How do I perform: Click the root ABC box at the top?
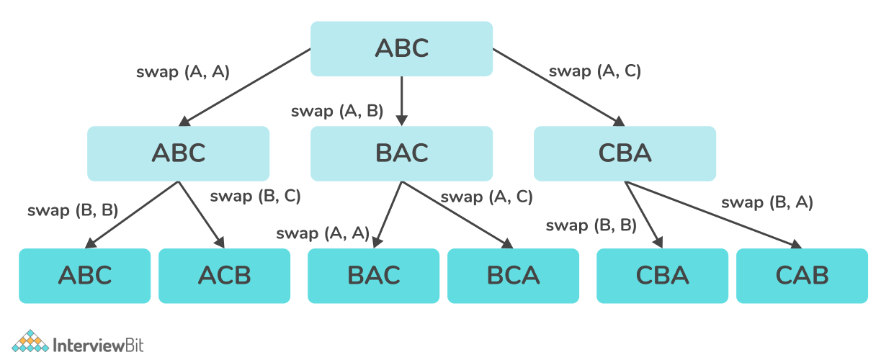[x=401, y=48]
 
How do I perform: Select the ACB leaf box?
[x=224, y=275]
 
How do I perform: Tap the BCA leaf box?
[x=513, y=275]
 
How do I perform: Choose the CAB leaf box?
[x=802, y=275]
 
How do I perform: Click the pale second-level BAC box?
[x=401, y=153]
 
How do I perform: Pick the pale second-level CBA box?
[x=625, y=153]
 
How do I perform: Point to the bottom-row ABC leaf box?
[x=85, y=275]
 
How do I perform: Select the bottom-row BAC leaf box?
[x=373, y=275]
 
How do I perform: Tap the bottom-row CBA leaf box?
[x=662, y=275]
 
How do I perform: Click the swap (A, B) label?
[x=337, y=112]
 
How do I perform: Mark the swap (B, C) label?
[x=254, y=195]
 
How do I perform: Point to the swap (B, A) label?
[x=767, y=202]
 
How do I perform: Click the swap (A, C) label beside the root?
[x=594, y=71]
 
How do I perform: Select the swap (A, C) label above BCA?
[x=486, y=196]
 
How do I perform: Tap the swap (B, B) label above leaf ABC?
[x=73, y=210]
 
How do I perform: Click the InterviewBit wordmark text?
[x=99, y=344]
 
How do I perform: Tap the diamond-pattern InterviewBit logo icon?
[x=30, y=343]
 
